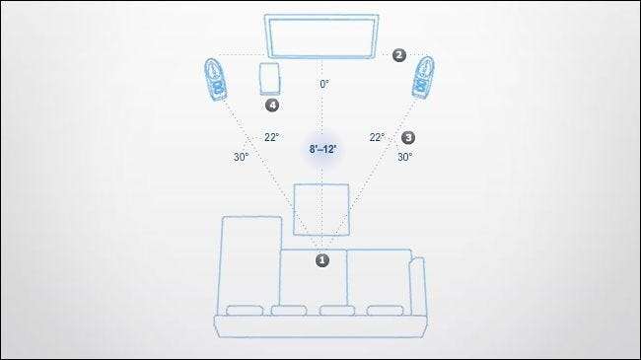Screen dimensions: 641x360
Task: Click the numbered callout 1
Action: click(322, 260)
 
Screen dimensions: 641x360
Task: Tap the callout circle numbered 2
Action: click(399, 55)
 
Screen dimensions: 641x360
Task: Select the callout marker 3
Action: click(408, 137)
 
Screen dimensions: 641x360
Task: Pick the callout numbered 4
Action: click(272, 106)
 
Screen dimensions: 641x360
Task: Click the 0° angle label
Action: click(324, 84)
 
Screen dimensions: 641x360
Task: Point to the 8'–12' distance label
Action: click(322, 149)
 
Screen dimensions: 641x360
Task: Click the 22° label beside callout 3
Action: click(377, 137)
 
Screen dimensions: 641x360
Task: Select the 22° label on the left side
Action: click(271, 137)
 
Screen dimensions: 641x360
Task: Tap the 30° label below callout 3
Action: click(404, 157)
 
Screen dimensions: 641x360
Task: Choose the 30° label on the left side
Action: click(241, 157)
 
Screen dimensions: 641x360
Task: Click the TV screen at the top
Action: click(321, 36)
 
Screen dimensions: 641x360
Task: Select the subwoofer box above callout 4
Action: click(270, 79)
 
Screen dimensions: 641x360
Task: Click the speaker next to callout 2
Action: click(423, 78)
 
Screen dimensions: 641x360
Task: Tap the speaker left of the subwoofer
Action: click(215, 79)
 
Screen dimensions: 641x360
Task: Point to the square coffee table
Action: click(321, 209)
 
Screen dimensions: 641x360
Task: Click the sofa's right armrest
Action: click(418, 286)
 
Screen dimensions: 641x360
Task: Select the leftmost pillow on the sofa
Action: click(245, 311)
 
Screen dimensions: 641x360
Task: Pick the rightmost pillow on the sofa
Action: click(385, 311)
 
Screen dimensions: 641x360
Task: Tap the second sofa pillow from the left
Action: click(289, 311)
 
